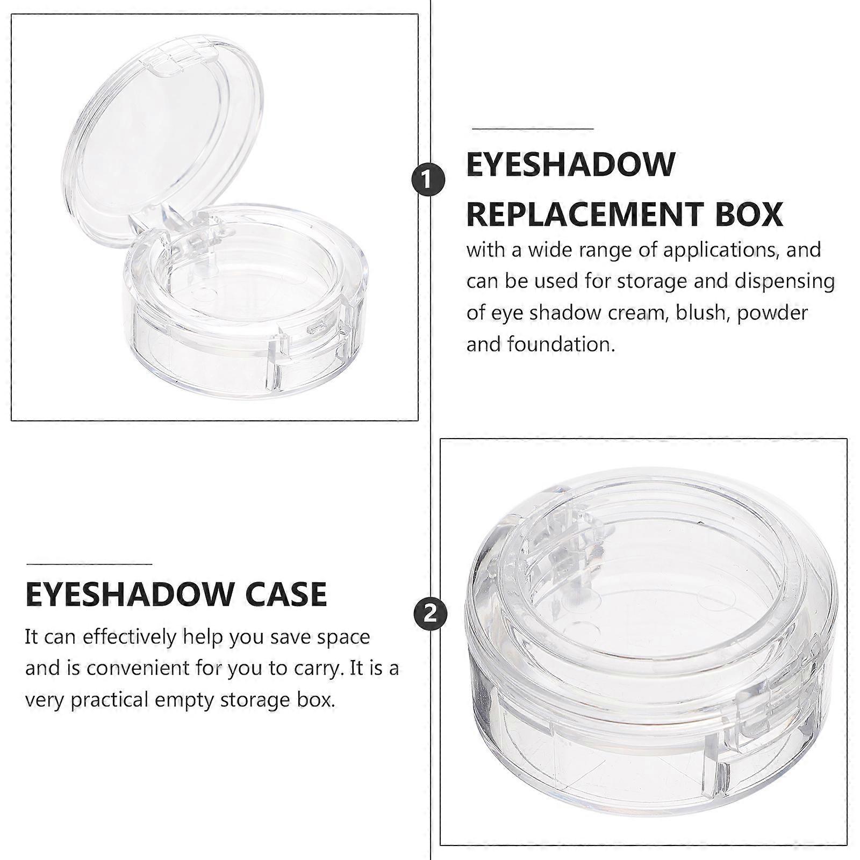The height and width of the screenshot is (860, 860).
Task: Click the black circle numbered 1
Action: [x=428, y=180]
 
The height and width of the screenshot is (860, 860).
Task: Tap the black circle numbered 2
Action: [x=430, y=613]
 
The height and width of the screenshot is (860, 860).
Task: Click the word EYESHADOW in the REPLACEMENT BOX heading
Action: [x=571, y=164]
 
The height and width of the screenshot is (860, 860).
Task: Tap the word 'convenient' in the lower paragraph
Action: [x=134, y=668]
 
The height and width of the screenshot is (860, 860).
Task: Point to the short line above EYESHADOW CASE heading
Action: [x=89, y=564]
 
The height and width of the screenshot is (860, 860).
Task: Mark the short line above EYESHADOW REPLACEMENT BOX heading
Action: [x=533, y=129]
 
